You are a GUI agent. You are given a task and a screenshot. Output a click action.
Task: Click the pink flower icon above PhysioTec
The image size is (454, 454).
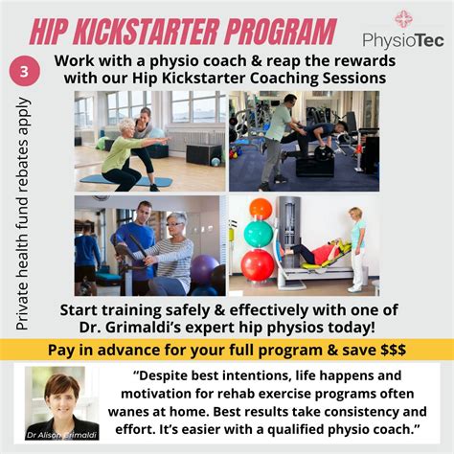[x=402, y=17]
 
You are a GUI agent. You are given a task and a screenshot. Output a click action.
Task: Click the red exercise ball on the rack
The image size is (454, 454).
[x=259, y=264]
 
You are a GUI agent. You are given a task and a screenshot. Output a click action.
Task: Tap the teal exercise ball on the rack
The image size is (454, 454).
[x=259, y=235]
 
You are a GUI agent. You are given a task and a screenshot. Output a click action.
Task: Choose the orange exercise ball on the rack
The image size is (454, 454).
[x=261, y=208]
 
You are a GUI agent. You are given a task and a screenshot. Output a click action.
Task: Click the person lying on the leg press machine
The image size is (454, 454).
[x=316, y=255]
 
